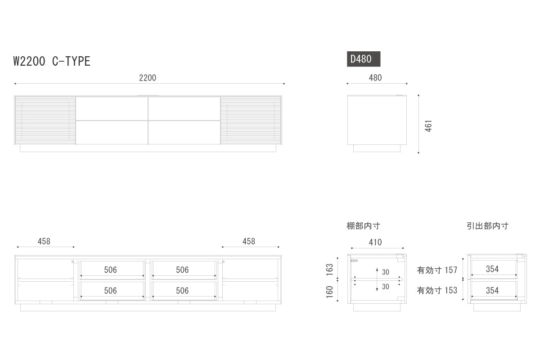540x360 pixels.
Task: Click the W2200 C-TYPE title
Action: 52,62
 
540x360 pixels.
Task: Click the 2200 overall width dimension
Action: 147,78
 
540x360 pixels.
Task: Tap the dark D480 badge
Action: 364,59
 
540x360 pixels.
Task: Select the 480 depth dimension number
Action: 375,78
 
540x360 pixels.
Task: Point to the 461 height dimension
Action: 429,126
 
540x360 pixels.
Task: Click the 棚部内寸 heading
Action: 363,226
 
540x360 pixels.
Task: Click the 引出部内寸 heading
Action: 487,226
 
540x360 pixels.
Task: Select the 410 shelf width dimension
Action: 375,242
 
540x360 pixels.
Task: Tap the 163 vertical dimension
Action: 330,270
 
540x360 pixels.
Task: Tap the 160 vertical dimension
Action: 330,292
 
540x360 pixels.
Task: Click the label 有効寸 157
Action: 437,270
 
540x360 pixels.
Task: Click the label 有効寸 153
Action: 437,291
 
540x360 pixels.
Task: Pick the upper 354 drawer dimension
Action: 492,269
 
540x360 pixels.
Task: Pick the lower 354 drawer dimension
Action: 492,291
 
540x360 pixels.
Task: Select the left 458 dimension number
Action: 44,241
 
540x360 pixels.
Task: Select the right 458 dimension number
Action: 249,241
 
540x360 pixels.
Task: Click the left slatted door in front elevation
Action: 45,121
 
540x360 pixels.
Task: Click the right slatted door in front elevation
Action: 251,121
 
